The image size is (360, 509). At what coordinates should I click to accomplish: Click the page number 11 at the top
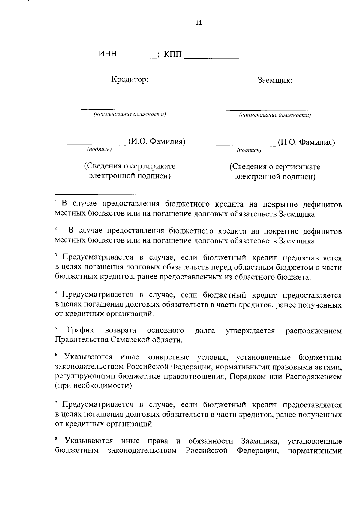pos(199,23)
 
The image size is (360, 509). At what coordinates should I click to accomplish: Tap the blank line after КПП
pos(211,57)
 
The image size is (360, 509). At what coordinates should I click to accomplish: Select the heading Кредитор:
pos(130,80)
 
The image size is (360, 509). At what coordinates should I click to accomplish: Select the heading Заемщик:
pos(275,80)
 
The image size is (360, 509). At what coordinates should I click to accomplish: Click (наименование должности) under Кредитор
pos(130,114)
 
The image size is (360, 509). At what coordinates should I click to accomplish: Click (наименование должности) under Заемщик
pos(275,115)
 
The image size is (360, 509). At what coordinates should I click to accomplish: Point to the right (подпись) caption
pos(249,150)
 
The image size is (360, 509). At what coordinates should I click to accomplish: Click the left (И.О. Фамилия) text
pos(157,141)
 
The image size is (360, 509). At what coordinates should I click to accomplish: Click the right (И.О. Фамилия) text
pos(306,142)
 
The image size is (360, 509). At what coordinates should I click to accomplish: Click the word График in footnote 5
pos(81,330)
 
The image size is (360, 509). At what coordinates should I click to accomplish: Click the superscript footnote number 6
pos(56,355)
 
